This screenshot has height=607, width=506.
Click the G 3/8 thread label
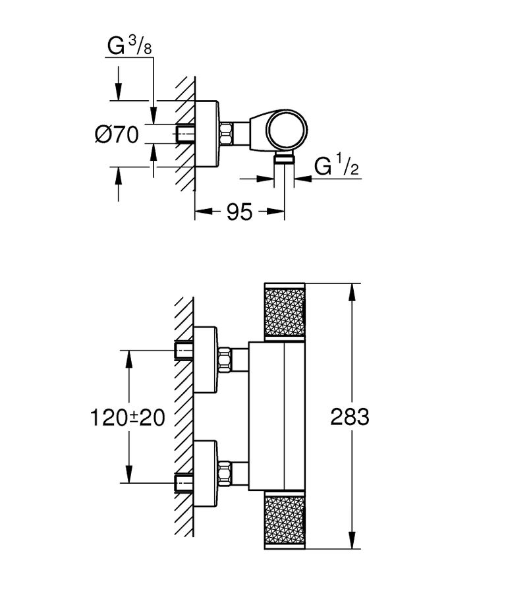[x=130, y=46]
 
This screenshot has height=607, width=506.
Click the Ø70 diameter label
[x=117, y=135]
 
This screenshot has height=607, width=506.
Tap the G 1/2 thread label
[x=337, y=167]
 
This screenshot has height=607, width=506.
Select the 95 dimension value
[x=239, y=212]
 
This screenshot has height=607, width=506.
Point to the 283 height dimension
[x=350, y=417]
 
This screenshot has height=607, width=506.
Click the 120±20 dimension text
[x=127, y=418]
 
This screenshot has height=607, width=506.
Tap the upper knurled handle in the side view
[x=285, y=311]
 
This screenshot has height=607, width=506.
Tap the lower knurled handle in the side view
[x=285, y=520]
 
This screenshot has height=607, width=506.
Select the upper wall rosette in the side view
[x=206, y=360]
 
